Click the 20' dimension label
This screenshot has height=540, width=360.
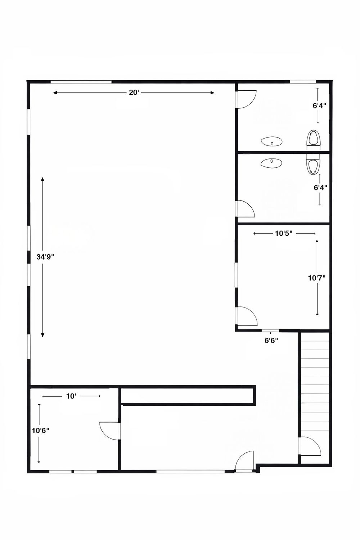tap(133, 93)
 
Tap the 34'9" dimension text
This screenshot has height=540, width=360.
tap(45, 257)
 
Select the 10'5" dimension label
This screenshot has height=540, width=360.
tap(284, 233)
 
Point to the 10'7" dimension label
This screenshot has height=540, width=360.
tap(317, 278)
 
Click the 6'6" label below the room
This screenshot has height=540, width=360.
tap(271, 341)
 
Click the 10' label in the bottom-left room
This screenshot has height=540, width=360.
tap(71, 396)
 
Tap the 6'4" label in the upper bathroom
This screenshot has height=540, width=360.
tap(319, 105)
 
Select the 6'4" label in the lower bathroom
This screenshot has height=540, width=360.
tap(320, 187)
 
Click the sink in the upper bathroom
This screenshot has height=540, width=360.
tap(272, 141)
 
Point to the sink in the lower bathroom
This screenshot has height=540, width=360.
tap(271, 163)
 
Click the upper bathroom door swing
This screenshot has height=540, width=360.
tap(247, 99)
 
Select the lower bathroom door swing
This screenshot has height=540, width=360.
tap(246, 208)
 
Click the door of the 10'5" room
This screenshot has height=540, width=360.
tap(247, 316)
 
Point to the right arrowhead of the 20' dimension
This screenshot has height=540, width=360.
tap(212, 93)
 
